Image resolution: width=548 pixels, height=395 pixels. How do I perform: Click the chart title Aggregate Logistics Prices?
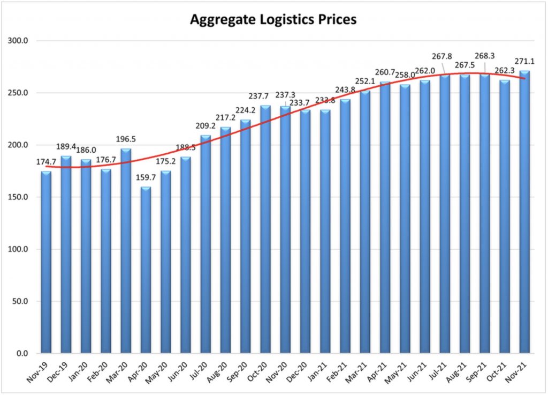click(273, 20)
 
